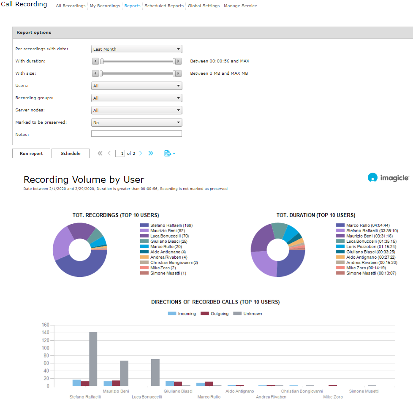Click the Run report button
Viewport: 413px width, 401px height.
(31, 153)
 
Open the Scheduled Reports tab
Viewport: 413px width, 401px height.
(164, 6)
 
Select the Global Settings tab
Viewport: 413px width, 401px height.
(204, 6)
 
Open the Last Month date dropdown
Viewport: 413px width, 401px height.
(136, 49)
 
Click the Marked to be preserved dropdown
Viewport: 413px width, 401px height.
(136, 122)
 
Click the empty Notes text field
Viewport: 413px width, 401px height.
(136, 134)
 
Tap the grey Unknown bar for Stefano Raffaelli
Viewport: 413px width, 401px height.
(93, 359)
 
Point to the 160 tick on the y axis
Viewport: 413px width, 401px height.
(46, 325)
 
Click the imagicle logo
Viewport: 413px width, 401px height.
(388, 178)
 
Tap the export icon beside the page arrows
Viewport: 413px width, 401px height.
(169, 153)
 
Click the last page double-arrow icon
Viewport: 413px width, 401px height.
(151, 153)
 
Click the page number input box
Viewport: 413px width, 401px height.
(120, 154)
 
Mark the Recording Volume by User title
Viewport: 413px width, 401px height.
(84, 179)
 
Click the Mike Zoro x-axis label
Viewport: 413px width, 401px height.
(333, 397)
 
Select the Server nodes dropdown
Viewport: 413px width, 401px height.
(136, 110)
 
